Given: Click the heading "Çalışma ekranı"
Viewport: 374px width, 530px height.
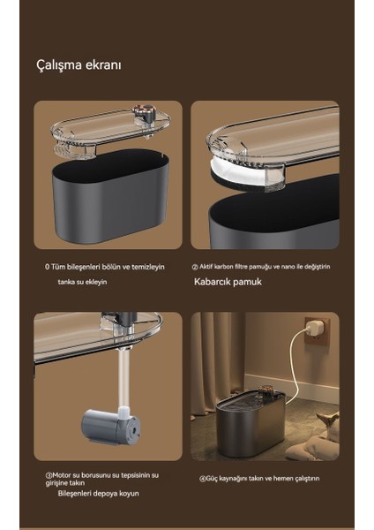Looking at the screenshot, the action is point(79,64).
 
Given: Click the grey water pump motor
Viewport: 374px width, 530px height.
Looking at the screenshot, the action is point(111,425).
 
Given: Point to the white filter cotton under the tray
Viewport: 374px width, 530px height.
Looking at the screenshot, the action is point(244,173).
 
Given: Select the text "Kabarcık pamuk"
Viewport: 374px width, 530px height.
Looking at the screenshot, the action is point(228,282).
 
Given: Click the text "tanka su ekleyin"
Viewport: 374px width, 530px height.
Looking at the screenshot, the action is point(82,282).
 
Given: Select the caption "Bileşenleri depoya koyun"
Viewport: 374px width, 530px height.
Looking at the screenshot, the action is point(98,493).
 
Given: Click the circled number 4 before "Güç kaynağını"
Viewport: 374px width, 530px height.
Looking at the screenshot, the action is point(202,479).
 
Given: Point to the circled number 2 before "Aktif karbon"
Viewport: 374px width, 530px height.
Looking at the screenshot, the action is point(195,267).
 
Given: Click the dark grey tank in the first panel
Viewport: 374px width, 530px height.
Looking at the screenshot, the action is point(110,196).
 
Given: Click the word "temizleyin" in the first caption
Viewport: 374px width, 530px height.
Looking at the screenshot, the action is point(148,267).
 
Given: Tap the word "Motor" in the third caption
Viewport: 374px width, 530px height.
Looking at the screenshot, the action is point(62,475).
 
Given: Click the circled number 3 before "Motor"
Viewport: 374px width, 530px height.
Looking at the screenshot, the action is point(49,475).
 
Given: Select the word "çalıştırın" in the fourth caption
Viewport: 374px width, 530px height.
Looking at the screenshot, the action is point(307,479).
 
